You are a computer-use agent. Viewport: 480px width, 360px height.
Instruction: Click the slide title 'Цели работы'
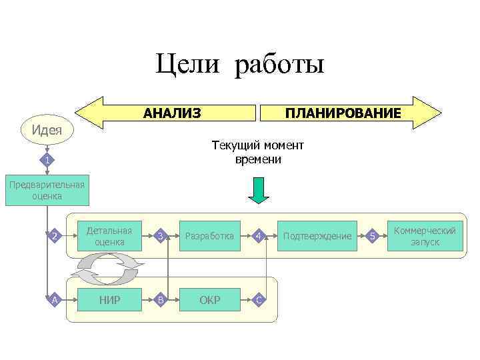[x=239, y=65]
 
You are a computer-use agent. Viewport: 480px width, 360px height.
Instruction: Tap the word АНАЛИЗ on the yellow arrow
[x=172, y=113]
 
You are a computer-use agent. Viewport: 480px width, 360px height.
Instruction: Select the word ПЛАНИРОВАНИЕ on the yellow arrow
[x=343, y=113]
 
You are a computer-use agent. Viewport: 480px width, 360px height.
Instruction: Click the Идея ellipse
[x=47, y=129]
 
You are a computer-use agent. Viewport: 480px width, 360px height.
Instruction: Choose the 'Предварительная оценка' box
[x=46, y=190]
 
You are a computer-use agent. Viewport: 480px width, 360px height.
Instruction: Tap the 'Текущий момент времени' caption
[x=257, y=152]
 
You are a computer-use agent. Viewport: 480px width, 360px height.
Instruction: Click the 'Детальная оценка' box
[x=109, y=235]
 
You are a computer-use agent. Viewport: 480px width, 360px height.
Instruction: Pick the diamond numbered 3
[x=159, y=235]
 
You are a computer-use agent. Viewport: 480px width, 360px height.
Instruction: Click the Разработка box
[x=209, y=235]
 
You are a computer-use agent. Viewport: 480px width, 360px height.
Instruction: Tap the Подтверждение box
[x=317, y=235]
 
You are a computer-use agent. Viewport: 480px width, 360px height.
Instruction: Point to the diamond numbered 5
[x=373, y=235]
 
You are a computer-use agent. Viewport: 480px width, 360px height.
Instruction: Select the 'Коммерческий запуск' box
[x=425, y=235]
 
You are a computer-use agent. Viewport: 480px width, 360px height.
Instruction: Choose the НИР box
[x=109, y=299]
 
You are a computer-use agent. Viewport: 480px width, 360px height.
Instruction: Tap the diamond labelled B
[x=159, y=299]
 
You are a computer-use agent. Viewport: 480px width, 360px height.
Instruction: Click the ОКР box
[x=209, y=299]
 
